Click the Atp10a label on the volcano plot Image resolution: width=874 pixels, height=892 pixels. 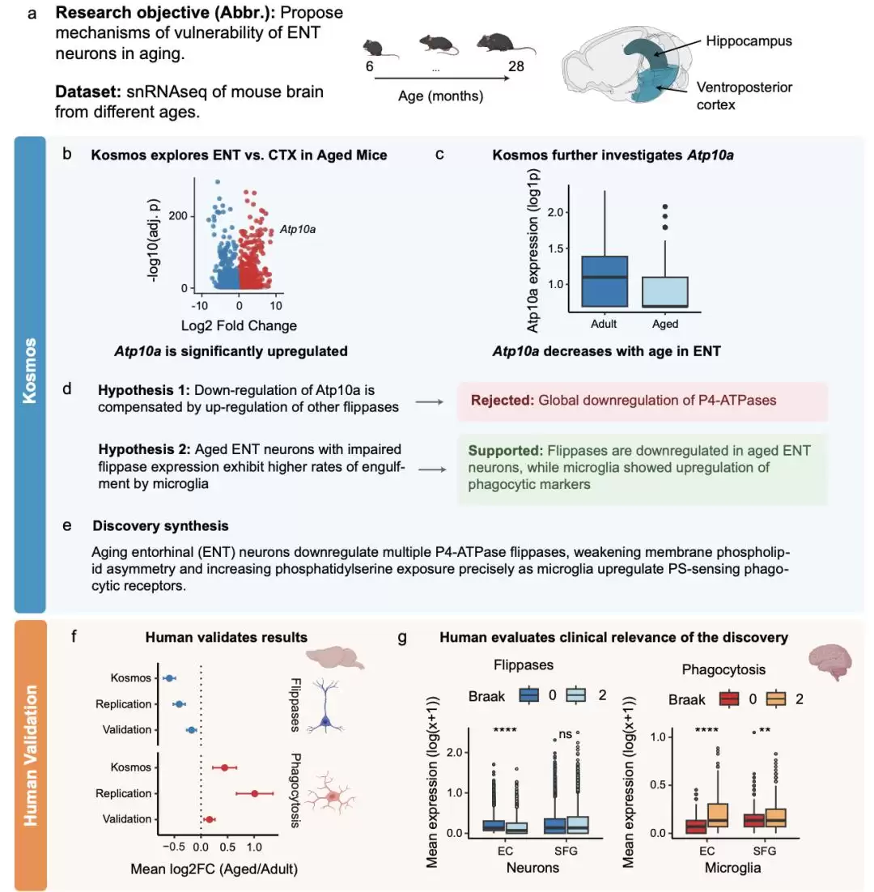pyautogui.click(x=297, y=229)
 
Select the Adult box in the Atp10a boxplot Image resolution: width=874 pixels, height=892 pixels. pyautogui.click(x=605, y=281)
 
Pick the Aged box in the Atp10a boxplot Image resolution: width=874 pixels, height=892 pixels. pyautogui.click(x=664, y=292)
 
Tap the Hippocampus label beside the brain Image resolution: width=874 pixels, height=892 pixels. pyautogui.click(x=749, y=41)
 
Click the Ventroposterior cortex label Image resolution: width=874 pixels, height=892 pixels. pyautogui.click(x=744, y=96)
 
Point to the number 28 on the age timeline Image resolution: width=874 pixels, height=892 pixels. pyautogui.click(x=515, y=66)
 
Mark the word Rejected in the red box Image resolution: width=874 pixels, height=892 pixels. pyautogui.click(x=502, y=400)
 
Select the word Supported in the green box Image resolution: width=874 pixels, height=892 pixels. pyautogui.click(x=506, y=451)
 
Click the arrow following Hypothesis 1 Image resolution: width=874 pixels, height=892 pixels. pyautogui.click(x=430, y=402)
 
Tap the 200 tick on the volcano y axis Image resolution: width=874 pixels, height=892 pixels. pyautogui.click(x=178, y=215)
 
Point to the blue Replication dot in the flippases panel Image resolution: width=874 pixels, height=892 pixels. pyautogui.click(x=179, y=704)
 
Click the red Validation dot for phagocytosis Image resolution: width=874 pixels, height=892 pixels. pyautogui.click(x=209, y=819)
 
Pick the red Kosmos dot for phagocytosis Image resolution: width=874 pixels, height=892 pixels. pyautogui.click(x=225, y=767)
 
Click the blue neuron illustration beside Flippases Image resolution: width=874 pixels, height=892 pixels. pyautogui.click(x=325, y=705)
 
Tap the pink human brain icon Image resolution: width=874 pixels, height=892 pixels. pyautogui.click(x=829, y=661)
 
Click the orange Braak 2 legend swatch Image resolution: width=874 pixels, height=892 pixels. pyautogui.click(x=776, y=699)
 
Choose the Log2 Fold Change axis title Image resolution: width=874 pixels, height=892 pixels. pyautogui.click(x=239, y=325)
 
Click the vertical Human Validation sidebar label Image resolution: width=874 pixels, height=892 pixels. pyautogui.click(x=30, y=755)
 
